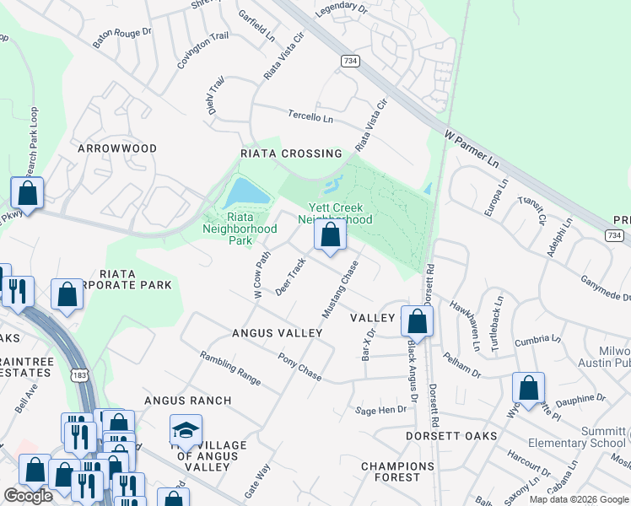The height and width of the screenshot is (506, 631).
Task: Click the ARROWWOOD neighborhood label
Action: click(x=117, y=148)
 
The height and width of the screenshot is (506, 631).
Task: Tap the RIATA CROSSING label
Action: click(x=291, y=153)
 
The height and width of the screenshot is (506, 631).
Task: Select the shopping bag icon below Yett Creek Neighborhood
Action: click(x=331, y=235)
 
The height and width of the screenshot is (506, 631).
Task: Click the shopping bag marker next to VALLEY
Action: click(x=417, y=321)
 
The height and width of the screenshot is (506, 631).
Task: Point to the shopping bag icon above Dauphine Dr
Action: click(x=528, y=388)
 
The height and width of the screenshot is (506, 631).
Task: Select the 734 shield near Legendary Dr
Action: click(x=349, y=62)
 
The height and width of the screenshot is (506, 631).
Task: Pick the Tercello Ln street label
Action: click(x=310, y=118)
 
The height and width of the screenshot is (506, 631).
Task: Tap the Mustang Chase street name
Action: click(x=340, y=289)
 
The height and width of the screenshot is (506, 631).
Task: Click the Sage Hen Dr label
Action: click(x=381, y=410)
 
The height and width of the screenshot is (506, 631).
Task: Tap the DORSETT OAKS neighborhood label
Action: click(x=450, y=436)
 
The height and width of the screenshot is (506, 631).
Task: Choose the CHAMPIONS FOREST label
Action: click(x=397, y=471)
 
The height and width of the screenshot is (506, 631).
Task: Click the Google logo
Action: click(x=28, y=496)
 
